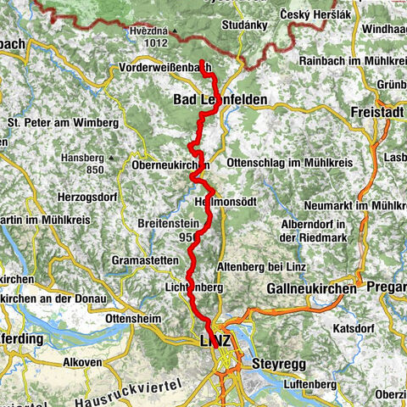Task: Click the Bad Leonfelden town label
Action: pyautogui.click(x=220, y=99)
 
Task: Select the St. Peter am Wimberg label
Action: pyautogui.click(x=63, y=123)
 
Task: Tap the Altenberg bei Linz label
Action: pyautogui.click(x=254, y=268)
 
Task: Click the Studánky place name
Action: pyautogui.click(x=246, y=25)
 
